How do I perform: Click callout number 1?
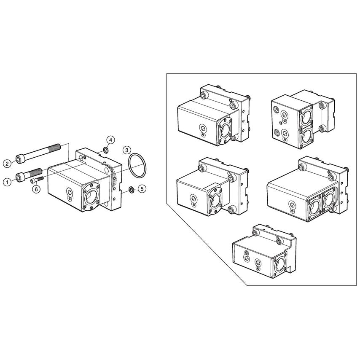[x=7, y=182]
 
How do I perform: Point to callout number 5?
[x=142, y=189]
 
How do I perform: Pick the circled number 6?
[x=36, y=190]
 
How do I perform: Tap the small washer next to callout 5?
[x=132, y=189]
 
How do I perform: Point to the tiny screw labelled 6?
[x=37, y=180]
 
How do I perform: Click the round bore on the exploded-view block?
[x=91, y=197]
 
